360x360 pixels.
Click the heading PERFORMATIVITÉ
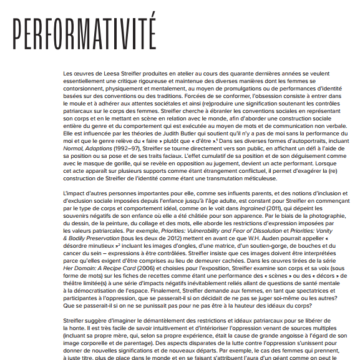point(84,30)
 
